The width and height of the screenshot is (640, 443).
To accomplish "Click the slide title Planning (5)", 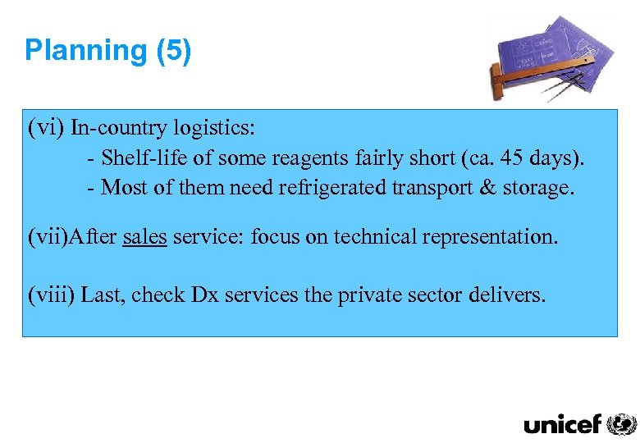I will [x=107, y=51].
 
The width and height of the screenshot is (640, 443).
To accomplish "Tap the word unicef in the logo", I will [x=563, y=424].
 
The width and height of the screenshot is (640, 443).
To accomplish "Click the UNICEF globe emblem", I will [x=621, y=423].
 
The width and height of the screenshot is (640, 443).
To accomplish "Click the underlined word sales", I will [x=144, y=238].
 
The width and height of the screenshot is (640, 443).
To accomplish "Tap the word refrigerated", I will [x=332, y=187].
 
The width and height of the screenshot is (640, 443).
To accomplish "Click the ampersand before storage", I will [x=487, y=187].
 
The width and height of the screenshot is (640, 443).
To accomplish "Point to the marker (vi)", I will [x=46, y=128].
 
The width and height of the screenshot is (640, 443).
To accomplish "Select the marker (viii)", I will [x=52, y=295].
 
